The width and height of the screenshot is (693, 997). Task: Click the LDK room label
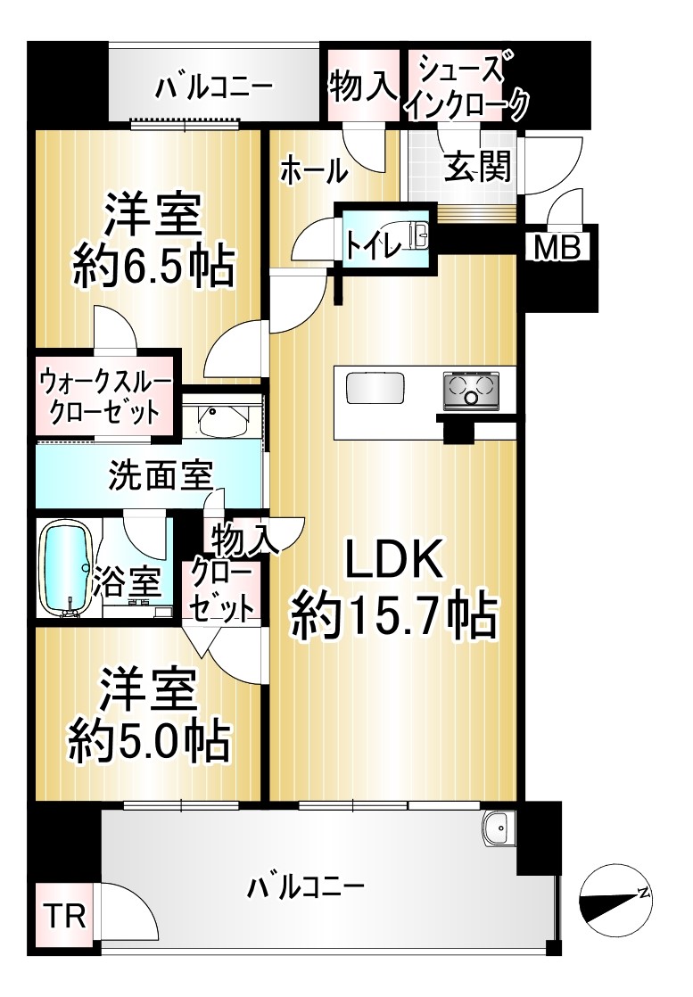coord(393,557)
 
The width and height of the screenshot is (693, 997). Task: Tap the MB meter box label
coord(557,247)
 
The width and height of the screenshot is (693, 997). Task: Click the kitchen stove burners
coord(471,389)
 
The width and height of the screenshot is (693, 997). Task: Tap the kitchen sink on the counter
coord(375,389)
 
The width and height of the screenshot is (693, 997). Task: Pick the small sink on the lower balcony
coord(499,828)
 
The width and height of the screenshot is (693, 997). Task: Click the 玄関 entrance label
coord(477,167)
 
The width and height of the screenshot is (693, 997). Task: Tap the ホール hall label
coord(313,171)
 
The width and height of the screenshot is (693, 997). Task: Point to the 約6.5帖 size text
coord(153,267)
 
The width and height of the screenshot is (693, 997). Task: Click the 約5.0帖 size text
coord(150,741)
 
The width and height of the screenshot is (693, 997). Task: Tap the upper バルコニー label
coord(214,87)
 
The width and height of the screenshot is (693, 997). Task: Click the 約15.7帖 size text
coord(393,616)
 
